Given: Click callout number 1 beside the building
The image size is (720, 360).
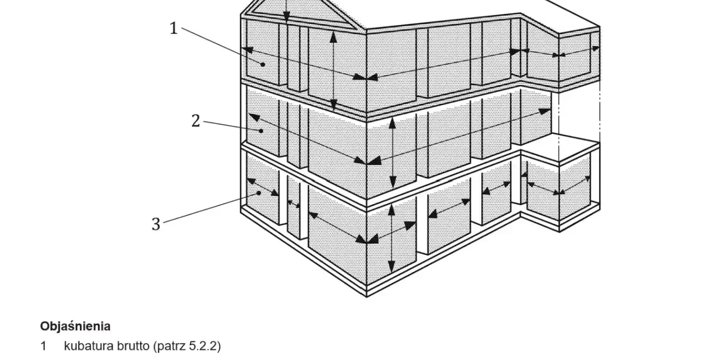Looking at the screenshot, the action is click(174, 28).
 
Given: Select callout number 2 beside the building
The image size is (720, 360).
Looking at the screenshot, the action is click(196, 121).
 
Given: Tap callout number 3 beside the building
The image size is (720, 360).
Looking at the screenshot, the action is click(156, 224).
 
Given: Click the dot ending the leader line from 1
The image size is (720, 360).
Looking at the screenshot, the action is click(263, 65).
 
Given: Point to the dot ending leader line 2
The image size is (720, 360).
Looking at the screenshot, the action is click(262, 131).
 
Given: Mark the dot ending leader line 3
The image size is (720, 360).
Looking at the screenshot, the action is click(259, 193).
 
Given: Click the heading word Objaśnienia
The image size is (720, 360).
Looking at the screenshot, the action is click(75, 326).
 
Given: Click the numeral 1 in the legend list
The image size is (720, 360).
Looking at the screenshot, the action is click(43, 346).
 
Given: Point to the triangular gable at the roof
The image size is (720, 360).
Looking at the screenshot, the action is click(299, 15).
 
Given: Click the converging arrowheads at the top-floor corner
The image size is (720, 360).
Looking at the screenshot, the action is click(366, 77).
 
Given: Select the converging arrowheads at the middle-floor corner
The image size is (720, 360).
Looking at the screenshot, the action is click(367, 160).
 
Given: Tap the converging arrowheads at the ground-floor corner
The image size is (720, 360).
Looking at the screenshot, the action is click(367, 239).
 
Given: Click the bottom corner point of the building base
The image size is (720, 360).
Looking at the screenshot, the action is click(367, 296).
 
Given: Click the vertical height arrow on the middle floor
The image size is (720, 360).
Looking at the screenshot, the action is click(393, 152).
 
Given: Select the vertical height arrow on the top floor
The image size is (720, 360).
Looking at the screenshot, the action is click(334, 71).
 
